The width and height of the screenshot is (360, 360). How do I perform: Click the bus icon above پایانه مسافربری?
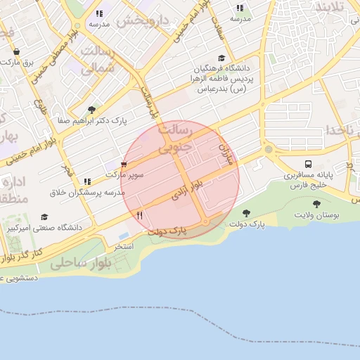coord(309,164)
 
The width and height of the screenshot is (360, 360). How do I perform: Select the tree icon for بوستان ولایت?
coord(316,204)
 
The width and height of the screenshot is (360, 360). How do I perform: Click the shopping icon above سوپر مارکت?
coord(124,164)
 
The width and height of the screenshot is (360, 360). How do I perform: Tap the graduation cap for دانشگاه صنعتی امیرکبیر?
coord(45,217)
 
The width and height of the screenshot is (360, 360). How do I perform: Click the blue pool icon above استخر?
coord(124,236)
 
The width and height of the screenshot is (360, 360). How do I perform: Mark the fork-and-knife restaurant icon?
coord(139,215)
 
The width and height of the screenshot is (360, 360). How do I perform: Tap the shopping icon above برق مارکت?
coord(16,51)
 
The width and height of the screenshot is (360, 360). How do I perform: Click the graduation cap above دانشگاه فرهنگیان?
coord(222,58)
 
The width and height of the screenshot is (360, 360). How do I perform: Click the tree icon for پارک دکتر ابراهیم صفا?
coord(92,109)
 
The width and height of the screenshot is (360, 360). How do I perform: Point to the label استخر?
coord(124,247)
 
